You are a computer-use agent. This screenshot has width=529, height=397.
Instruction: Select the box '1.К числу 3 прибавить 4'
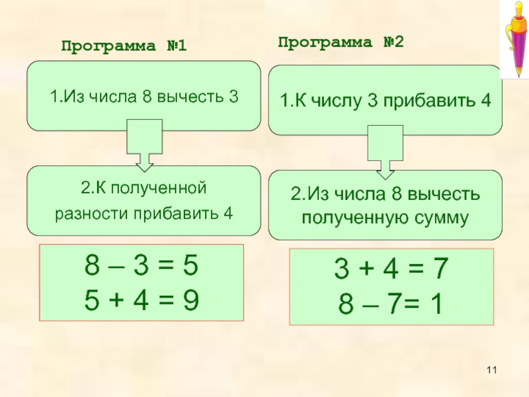[385, 101]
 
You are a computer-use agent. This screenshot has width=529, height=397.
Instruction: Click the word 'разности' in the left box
[84, 214]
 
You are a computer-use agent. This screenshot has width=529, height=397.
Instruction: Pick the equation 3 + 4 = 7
[391, 271]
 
